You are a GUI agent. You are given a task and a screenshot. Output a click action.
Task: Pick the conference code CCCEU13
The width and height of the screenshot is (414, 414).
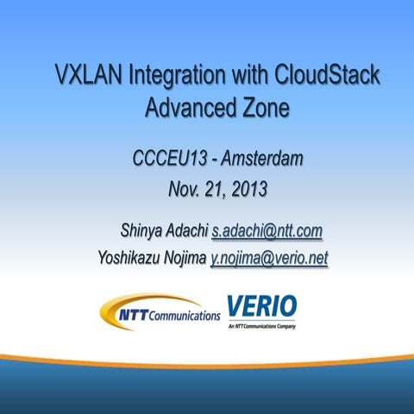(x=168, y=159)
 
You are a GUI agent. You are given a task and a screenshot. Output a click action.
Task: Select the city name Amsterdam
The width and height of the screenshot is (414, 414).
(x=260, y=159)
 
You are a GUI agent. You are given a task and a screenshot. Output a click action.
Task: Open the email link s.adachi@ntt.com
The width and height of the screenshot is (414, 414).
(x=267, y=230)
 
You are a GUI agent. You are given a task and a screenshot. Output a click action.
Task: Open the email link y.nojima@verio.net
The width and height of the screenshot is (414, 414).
(x=269, y=258)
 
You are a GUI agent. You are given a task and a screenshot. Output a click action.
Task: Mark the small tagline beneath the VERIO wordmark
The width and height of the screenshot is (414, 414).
(x=261, y=328)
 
